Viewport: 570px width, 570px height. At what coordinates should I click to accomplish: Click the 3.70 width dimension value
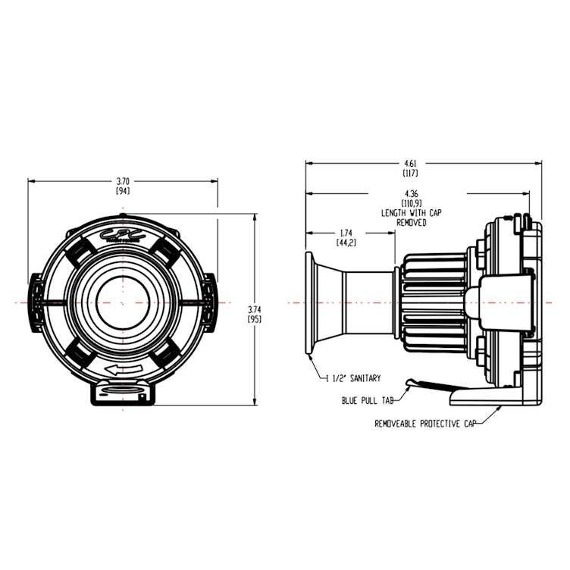(123, 182)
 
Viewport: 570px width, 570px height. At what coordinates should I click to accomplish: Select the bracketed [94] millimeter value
(123, 192)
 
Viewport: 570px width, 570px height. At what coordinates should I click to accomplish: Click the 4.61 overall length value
(411, 163)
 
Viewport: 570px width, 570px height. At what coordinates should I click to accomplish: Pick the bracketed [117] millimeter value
(411, 173)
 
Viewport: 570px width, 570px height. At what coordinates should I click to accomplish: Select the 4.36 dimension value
(413, 196)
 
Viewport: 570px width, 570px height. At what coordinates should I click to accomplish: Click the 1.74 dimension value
(346, 233)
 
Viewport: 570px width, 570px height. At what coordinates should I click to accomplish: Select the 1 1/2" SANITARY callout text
(352, 377)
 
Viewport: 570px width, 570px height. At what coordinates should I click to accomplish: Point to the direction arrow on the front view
(124, 369)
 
